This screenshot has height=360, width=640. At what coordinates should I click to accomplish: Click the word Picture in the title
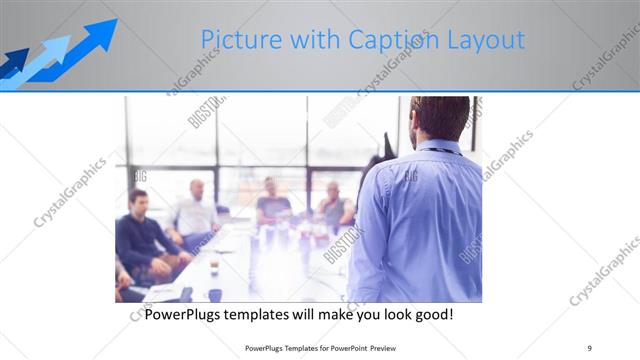238,40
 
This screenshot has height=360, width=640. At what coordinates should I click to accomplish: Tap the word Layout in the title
484,40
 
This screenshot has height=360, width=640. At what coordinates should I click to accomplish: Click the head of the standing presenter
440,118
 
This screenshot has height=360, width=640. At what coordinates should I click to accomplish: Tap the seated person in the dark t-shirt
272,205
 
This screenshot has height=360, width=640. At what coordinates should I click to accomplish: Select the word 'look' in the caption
383,314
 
